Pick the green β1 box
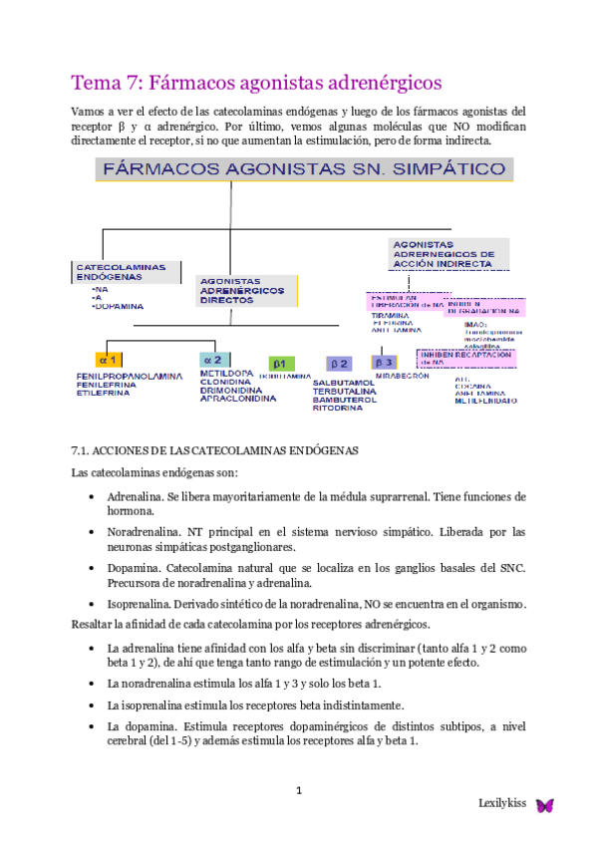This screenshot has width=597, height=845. pos(281,364)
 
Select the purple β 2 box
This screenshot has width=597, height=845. pos(340,364)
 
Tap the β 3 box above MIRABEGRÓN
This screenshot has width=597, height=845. pos(385,363)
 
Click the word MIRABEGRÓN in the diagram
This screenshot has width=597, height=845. pos(403,376)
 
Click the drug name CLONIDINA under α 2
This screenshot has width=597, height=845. pos(223,382)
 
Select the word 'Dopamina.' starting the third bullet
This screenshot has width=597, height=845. pos(135,567)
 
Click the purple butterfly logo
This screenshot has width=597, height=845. pos(545,805)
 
